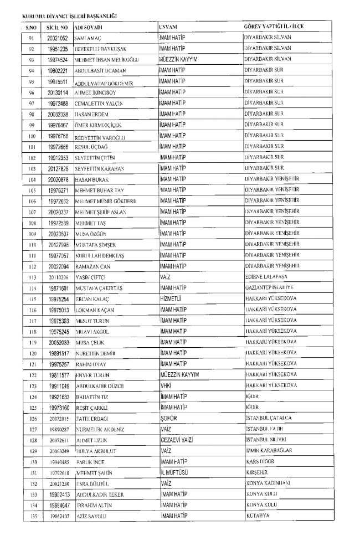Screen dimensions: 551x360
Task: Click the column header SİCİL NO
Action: coord(57,27)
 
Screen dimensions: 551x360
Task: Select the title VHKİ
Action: coord(164,385)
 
